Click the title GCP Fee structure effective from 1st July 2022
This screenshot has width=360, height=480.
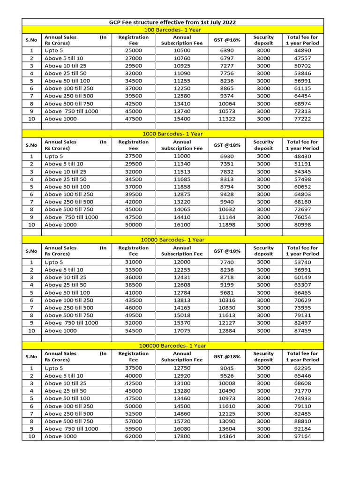(x=172, y=22)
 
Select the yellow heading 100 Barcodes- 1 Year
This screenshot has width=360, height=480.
(x=172, y=30)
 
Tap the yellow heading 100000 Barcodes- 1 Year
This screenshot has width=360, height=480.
(x=172, y=345)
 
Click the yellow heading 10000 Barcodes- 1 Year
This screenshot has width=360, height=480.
(x=172, y=240)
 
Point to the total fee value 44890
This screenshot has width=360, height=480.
(x=302, y=50)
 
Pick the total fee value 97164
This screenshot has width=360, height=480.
(x=302, y=436)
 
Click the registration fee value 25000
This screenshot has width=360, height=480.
(x=134, y=50)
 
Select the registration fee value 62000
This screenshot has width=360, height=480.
(x=134, y=436)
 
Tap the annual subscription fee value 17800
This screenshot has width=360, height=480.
(x=182, y=436)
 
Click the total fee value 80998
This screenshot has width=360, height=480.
(x=302, y=225)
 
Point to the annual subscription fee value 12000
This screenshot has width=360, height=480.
(x=182, y=262)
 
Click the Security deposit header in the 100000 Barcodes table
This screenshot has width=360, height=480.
(x=263, y=356)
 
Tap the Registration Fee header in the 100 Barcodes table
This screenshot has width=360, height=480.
(x=134, y=40)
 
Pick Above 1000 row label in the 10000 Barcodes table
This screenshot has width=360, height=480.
(x=60, y=330)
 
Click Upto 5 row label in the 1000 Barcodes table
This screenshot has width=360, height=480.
(x=53, y=156)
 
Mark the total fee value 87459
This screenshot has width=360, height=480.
(x=302, y=330)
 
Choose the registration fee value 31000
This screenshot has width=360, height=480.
(x=134, y=262)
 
